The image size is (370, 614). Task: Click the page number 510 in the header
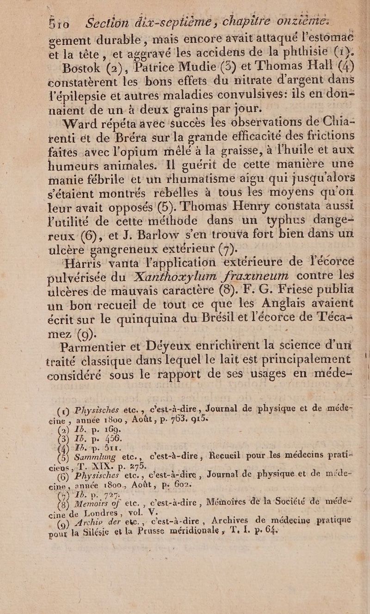click(59, 23)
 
